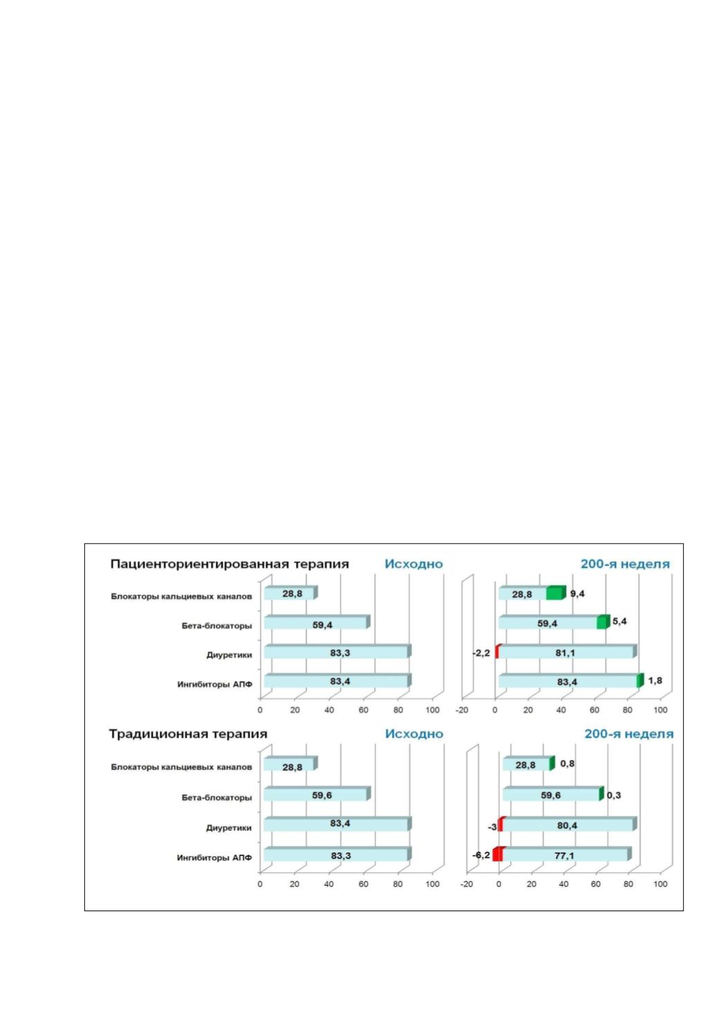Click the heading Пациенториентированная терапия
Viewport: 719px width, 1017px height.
pos(230,564)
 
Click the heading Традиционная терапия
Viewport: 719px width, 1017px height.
pos(188,734)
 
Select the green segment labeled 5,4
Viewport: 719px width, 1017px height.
pos(603,622)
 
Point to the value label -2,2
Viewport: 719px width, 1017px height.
pos(482,653)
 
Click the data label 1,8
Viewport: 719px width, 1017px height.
pos(655,680)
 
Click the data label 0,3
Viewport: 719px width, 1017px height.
pos(613,796)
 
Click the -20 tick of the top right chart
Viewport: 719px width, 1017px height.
pos(462,710)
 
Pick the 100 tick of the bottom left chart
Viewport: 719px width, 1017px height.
pos(432,884)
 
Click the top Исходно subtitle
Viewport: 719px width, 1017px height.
pos(413,564)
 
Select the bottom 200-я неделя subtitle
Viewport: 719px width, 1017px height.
pos(628,734)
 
